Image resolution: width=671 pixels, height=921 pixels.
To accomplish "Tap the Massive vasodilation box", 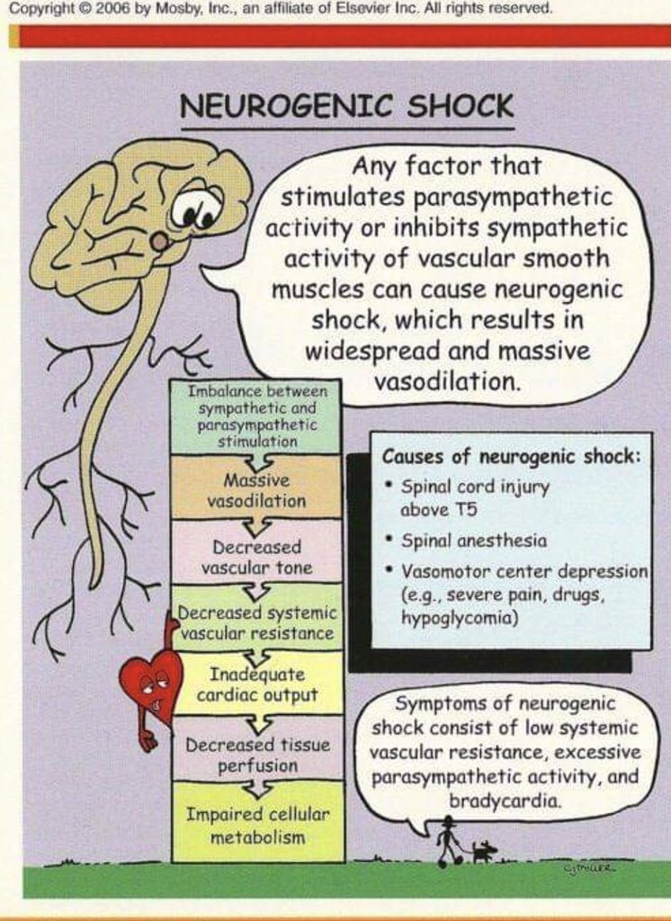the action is pos(256,491).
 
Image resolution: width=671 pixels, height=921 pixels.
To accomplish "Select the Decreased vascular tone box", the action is pos(256,557).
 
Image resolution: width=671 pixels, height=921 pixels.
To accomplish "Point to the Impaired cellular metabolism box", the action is pos(257,826).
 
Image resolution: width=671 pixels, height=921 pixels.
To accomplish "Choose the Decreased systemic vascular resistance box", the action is pos(257,622).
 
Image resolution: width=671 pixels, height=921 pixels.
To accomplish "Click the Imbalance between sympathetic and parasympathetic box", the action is pos(256,417).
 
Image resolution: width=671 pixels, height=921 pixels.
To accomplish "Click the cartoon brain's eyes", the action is pos(197,211).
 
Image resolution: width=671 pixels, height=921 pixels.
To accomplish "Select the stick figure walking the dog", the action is pos(447,840).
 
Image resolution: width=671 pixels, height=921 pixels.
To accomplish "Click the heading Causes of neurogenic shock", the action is pos(511,455).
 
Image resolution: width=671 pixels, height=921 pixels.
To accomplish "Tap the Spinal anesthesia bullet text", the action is pos(473,541).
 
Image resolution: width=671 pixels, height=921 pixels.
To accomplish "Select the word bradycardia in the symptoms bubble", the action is pos(505,798).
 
